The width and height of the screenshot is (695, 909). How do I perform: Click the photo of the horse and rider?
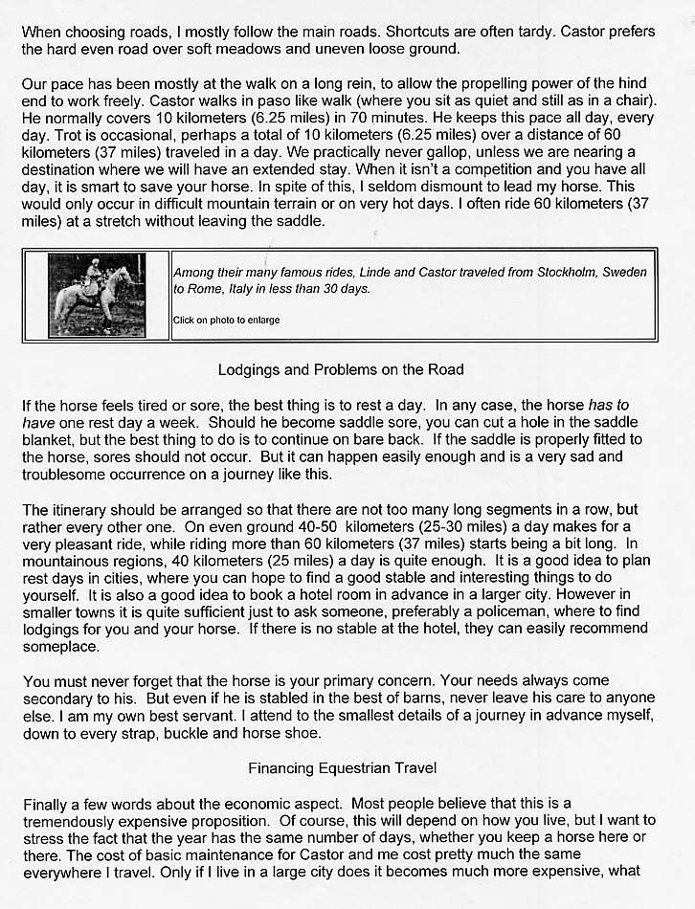(x=98, y=295)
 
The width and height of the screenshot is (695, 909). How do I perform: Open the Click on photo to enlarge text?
(x=227, y=320)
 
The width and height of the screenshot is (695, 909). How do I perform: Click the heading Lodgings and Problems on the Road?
(x=341, y=369)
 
